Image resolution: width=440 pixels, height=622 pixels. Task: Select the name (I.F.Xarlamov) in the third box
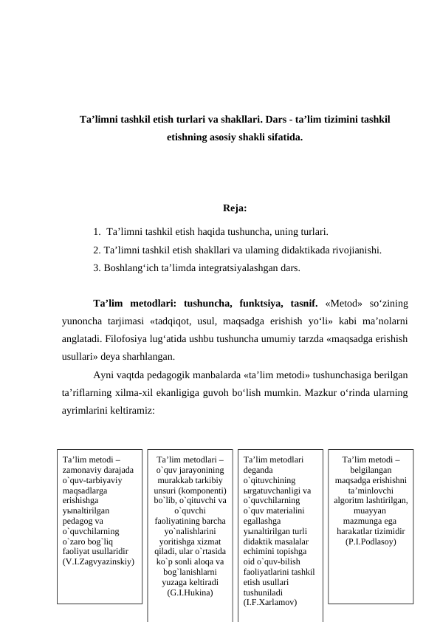coord(270,603)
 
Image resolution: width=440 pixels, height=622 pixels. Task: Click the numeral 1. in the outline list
coord(98,230)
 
